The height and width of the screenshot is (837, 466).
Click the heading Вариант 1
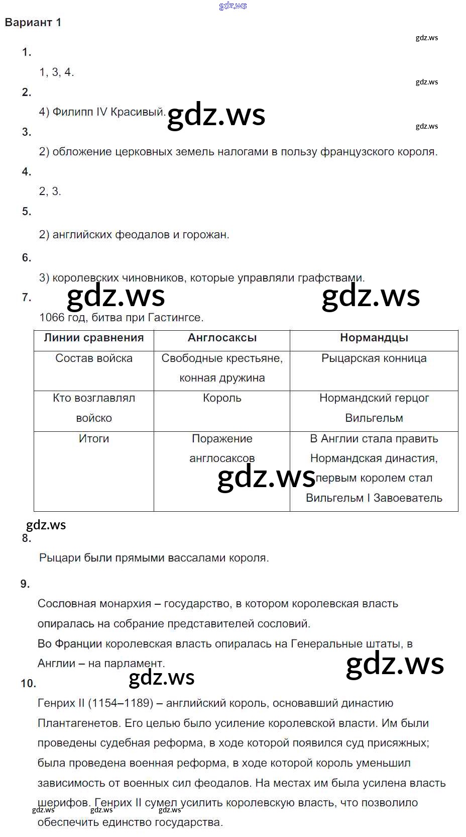click(x=33, y=23)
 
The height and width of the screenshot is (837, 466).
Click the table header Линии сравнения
click(x=93, y=338)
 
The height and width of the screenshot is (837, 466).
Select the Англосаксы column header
click(x=222, y=338)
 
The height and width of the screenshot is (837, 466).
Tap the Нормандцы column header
click(x=374, y=338)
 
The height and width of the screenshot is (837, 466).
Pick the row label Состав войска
click(x=93, y=358)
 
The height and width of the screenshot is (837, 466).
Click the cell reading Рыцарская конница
click(x=374, y=358)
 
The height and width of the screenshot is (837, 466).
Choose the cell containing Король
click(x=222, y=398)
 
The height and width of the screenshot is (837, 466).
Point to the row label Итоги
click(x=93, y=439)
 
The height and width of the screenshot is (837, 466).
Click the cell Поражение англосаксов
click(x=222, y=448)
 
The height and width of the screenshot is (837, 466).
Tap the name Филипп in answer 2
click(x=73, y=112)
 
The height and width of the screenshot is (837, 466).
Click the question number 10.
click(x=28, y=684)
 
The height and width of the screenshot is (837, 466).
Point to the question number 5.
click(x=27, y=212)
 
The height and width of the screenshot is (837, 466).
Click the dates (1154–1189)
click(x=121, y=703)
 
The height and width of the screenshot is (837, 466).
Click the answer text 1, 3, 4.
click(x=56, y=72)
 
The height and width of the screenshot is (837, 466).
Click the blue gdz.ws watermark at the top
click(x=233, y=6)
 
